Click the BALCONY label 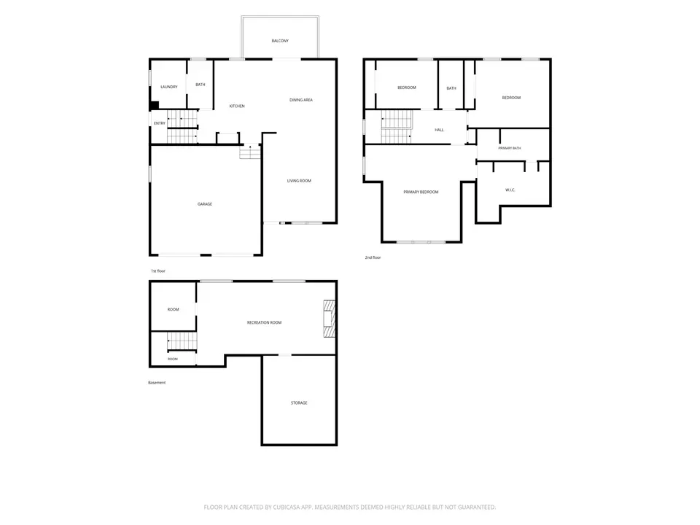click(280, 41)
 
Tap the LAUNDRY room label click(168, 87)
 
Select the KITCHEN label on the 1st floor click(236, 106)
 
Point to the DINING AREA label click(301, 100)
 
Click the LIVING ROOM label click(299, 181)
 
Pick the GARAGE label click(204, 204)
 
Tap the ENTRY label click(160, 123)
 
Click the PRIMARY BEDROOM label click(421, 192)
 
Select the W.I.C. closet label click(510, 190)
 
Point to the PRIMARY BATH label click(510, 148)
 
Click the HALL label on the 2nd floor click(439, 130)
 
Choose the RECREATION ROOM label click(264, 322)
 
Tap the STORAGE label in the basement click(299, 402)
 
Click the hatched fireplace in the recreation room click(329, 319)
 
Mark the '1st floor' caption click(158, 271)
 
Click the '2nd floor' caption click(373, 257)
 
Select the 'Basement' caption click(157, 383)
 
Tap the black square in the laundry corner click(155, 105)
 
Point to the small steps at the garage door click(249, 152)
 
